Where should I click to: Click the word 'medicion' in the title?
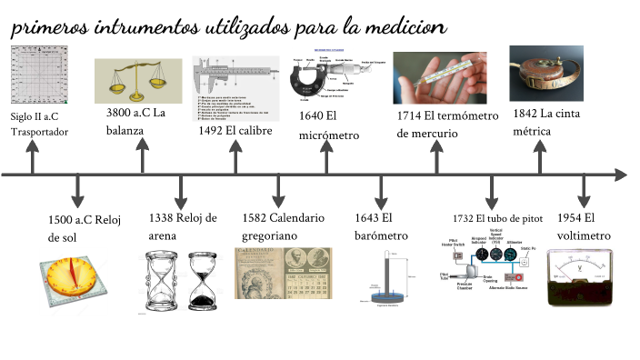pos(405,29)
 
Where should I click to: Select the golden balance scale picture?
pos(137,81)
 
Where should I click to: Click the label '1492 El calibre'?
pos(235,130)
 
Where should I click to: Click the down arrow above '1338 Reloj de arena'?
pos(179,192)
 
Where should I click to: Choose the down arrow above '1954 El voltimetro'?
pos(583,192)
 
